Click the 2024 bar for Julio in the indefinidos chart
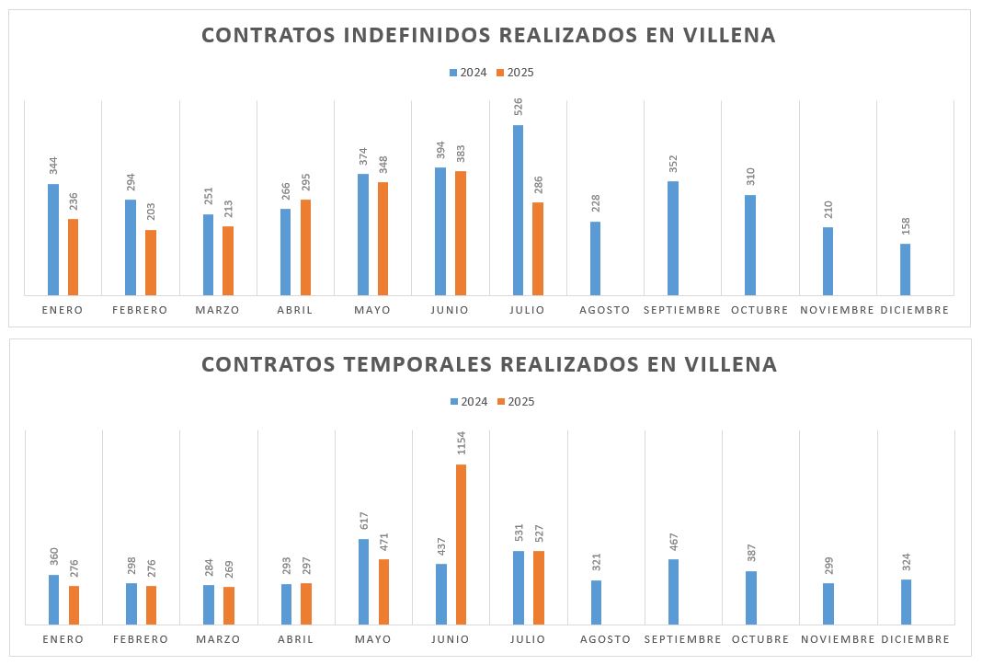(518, 210)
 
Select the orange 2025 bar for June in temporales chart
(461, 545)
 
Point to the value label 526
(518, 106)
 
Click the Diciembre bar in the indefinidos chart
(905, 269)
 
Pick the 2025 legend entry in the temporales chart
(515, 402)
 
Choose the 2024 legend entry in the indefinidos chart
(468, 73)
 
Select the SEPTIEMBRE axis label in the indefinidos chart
(681, 310)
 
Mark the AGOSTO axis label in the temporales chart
(605, 639)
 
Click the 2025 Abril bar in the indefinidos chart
(305, 247)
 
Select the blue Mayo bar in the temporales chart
(363, 581)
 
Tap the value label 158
(905, 226)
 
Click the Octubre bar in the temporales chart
(750, 598)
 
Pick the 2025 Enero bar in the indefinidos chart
(74, 257)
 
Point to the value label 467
(673, 541)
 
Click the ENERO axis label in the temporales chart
(63, 639)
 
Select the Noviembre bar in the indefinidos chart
(828, 260)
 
